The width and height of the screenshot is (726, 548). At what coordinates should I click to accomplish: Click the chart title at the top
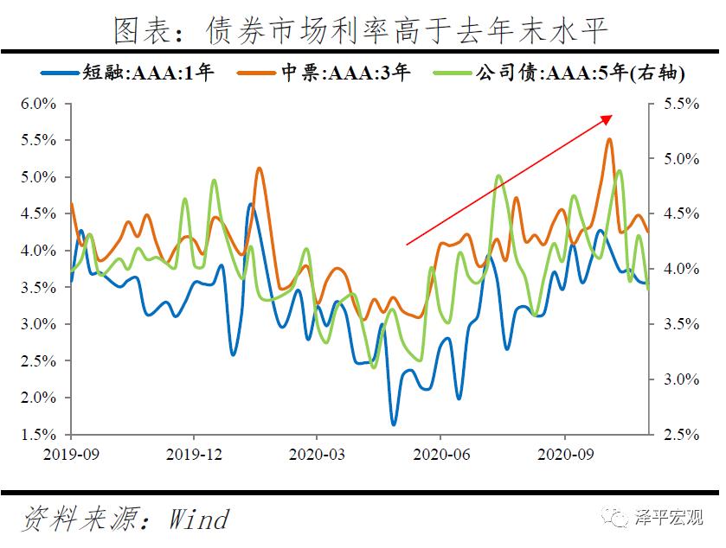[362, 31]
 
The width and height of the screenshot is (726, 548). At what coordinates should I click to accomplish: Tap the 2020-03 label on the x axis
[316, 452]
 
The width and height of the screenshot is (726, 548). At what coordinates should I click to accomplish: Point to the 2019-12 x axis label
[194, 452]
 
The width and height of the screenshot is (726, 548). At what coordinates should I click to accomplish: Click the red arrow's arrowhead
[609, 118]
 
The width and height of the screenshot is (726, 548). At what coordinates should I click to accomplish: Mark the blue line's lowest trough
[394, 424]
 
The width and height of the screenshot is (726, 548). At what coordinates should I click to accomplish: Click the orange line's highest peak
[609, 139]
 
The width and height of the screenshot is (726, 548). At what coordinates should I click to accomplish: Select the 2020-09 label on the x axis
[563, 452]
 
